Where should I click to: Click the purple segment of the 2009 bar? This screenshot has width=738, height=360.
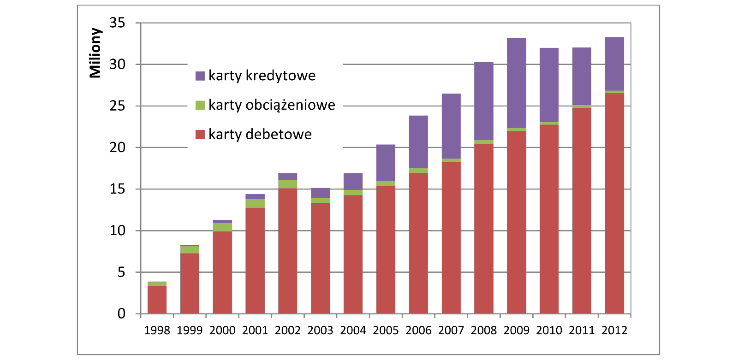pyautogui.click(x=516, y=83)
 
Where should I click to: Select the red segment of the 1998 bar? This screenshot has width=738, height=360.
pyautogui.click(x=157, y=300)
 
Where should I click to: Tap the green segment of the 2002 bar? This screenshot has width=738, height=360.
pyautogui.click(x=287, y=184)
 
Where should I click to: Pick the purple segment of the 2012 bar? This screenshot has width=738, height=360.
pyautogui.click(x=614, y=64)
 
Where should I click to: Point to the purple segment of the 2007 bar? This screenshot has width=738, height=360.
pyautogui.click(x=451, y=126)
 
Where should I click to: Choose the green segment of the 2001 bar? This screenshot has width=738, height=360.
pyautogui.click(x=255, y=203)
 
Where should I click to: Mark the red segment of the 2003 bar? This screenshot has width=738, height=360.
pyautogui.click(x=320, y=258)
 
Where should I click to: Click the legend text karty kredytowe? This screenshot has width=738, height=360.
pyautogui.click(x=262, y=76)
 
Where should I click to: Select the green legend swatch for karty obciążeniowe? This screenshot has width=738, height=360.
pyautogui.click(x=200, y=105)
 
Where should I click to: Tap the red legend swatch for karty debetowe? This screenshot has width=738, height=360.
pyautogui.click(x=200, y=135)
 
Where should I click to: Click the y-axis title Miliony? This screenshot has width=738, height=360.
pyautogui.click(x=95, y=53)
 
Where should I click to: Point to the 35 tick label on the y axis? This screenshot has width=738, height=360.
pyautogui.click(x=117, y=23)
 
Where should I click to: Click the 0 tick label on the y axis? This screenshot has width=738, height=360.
pyautogui.click(x=121, y=314)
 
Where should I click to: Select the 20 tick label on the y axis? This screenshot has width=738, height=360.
pyautogui.click(x=117, y=148)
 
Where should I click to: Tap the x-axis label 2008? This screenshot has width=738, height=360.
pyautogui.click(x=484, y=330)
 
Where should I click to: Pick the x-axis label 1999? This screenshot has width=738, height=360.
pyautogui.click(x=190, y=330)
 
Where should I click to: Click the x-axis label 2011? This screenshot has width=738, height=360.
pyautogui.click(x=582, y=330)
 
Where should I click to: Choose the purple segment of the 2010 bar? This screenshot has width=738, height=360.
pyautogui.click(x=549, y=85)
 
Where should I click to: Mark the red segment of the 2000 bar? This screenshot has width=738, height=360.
pyautogui.click(x=222, y=272)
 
